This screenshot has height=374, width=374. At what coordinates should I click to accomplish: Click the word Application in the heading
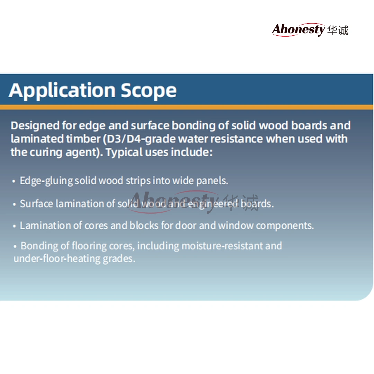point(62,91)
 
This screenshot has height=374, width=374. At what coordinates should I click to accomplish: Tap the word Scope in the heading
point(149,91)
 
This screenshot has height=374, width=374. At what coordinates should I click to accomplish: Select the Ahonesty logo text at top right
point(299,29)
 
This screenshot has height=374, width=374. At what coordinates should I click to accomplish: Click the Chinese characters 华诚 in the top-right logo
point(338,30)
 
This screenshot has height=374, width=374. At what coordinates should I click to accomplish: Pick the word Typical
point(124,152)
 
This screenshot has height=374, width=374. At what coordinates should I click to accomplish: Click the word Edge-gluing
point(46,181)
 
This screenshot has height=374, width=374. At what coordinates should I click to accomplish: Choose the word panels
point(212,180)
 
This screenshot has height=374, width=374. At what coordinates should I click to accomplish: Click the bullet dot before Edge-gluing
point(14,181)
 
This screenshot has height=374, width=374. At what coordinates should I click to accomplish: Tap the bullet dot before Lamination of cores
point(14,226)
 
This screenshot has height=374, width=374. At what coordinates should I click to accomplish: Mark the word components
point(285,226)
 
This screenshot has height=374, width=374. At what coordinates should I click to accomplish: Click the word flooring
point(89,246)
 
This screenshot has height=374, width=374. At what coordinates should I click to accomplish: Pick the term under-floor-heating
point(57,259)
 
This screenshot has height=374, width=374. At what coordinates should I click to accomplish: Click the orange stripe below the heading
point(187,107)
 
